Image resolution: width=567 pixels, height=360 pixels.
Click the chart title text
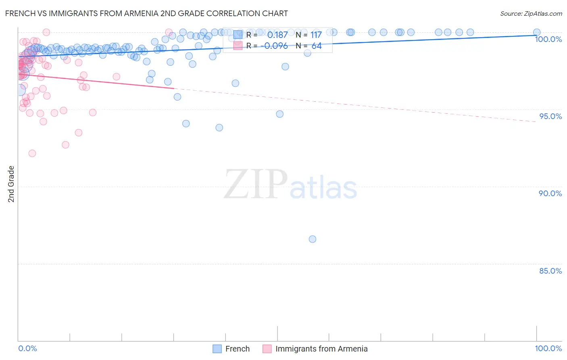click(x=146, y=13)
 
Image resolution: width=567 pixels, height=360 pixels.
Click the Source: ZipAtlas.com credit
click(x=531, y=13)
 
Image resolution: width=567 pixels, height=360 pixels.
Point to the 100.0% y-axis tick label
click(x=548, y=39)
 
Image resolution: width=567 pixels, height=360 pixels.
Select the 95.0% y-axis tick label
click(x=550, y=116)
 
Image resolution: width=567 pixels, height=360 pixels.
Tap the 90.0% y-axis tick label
click(x=550, y=193)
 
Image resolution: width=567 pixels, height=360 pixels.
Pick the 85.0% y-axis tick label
click(x=550, y=271)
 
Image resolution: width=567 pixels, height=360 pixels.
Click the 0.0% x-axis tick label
click(x=27, y=348)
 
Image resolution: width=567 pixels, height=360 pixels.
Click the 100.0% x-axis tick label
click(x=548, y=348)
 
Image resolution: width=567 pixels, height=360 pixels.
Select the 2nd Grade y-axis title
click(x=11, y=184)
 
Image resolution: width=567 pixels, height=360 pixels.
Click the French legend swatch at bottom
click(x=217, y=349)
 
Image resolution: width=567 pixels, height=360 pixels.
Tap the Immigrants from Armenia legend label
click(x=321, y=349)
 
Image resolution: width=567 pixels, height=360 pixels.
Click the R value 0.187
click(x=277, y=35)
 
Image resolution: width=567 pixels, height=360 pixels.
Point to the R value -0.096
click(x=274, y=46)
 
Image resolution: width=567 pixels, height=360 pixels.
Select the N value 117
click(x=316, y=35)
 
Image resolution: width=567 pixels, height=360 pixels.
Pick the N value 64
click(x=317, y=46)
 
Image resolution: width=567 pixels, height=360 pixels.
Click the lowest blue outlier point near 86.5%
click(x=312, y=239)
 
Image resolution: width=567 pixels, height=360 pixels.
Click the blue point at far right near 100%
click(x=537, y=32)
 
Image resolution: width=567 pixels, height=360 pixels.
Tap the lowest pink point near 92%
click(x=32, y=153)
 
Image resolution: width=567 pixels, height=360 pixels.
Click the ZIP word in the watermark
click(x=256, y=184)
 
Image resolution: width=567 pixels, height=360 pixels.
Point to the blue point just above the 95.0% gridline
click(x=279, y=114)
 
